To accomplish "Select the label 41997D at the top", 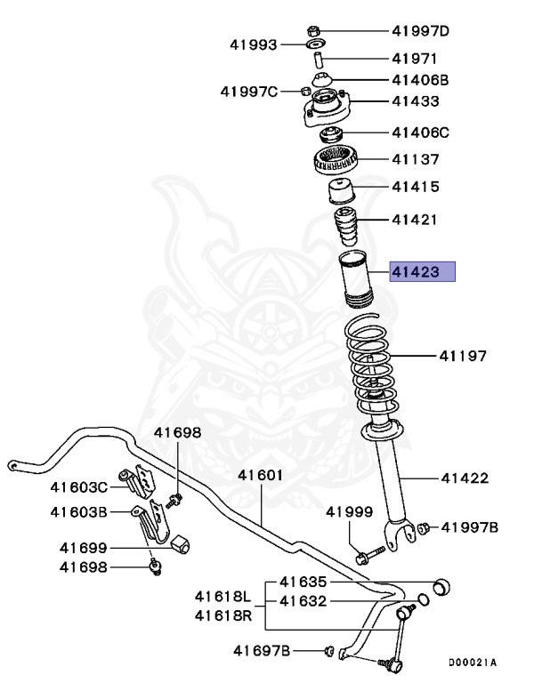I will (x=421, y=31).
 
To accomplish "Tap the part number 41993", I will (x=254, y=44).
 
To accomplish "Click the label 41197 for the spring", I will (x=462, y=357).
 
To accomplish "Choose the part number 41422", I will (x=465, y=478).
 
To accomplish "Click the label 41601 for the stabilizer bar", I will (x=260, y=475).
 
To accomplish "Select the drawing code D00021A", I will (x=472, y=663).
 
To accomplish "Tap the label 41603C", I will (x=78, y=486).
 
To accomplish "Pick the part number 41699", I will (x=84, y=548).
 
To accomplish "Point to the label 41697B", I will (x=262, y=651).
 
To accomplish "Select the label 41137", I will (x=416, y=160).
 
